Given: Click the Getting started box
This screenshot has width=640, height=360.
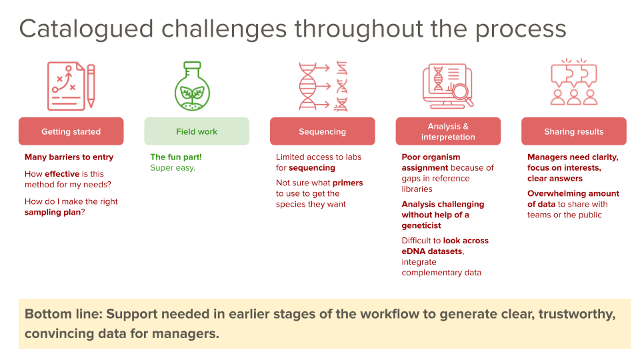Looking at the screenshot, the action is [71, 131].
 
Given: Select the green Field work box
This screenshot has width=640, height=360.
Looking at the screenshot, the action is [197, 131].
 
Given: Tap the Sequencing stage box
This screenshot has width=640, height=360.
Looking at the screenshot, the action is [322, 131].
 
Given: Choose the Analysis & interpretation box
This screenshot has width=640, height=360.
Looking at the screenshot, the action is [448, 131].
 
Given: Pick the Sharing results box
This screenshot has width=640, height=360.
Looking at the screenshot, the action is [573, 131].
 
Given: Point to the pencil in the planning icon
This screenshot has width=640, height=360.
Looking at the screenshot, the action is [91, 85].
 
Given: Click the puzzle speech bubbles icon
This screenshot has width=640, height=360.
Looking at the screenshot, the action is [573, 83].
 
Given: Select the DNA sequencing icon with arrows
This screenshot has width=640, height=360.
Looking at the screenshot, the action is [323, 85].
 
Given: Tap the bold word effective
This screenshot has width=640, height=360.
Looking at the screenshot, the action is [63, 174].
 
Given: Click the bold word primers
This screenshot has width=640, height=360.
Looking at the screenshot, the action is [347, 183].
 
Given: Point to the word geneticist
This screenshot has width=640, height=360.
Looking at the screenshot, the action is [421, 225].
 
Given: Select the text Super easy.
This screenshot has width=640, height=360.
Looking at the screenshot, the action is [173, 168].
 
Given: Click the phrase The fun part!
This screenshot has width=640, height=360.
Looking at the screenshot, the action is [176, 157].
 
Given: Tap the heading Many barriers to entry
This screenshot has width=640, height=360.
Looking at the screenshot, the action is [69, 157].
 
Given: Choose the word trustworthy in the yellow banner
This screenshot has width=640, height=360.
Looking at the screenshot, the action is [566, 314].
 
